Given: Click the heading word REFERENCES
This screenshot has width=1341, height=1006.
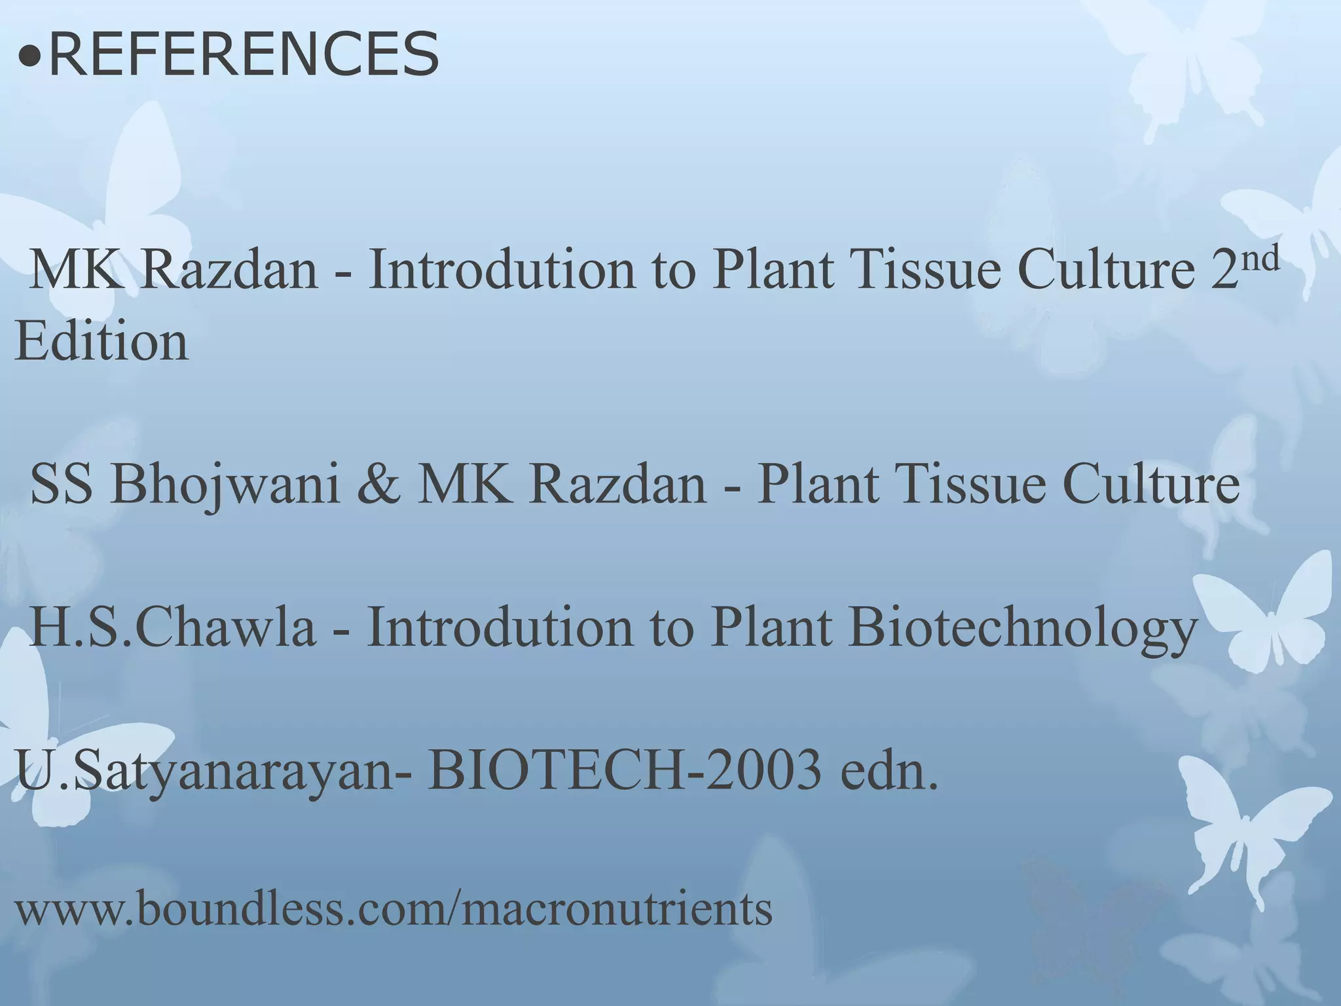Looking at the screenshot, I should tap(244, 55).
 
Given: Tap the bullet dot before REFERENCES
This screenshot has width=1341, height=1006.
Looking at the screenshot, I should tap(29, 58).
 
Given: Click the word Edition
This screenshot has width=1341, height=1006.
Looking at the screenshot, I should tap(101, 341).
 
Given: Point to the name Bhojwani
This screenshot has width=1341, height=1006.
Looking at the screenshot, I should tap(225, 485).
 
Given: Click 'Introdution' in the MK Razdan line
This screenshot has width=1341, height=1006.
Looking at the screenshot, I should tap(502, 270).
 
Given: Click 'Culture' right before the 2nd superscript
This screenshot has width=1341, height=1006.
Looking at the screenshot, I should tap(1107, 270).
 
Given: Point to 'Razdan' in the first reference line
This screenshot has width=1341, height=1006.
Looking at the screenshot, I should tap(229, 270).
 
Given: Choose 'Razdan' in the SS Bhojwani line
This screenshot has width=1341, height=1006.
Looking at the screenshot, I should tap(618, 485).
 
